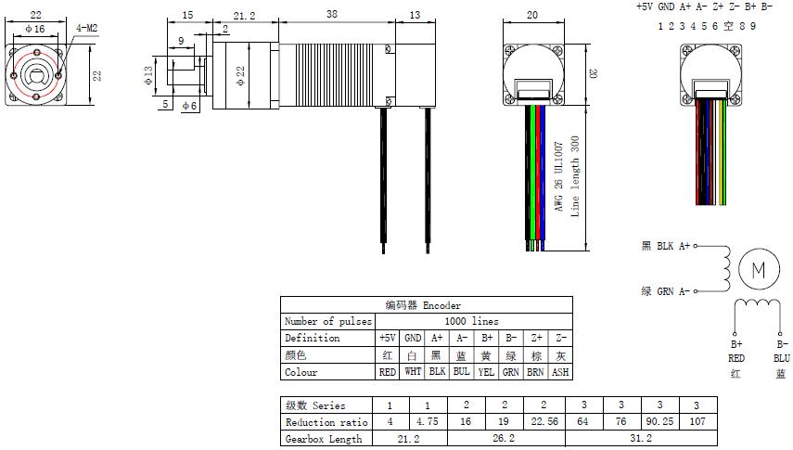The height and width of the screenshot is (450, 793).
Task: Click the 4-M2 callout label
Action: [x=86, y=29]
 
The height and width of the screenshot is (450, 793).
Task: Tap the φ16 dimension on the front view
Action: [x=35, y=30]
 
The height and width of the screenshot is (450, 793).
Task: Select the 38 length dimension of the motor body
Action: [x=332, y=14]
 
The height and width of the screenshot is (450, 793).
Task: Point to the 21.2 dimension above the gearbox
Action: [x=244, y=16]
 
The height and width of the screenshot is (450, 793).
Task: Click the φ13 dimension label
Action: [x=148, y=75]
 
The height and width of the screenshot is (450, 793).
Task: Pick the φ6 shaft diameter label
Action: [x=189, y=106]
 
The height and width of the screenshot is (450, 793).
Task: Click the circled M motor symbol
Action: [x=759, y=269]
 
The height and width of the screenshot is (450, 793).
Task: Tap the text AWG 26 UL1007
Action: [x=558, y=176]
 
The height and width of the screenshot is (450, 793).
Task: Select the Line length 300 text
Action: [x=575, y=176]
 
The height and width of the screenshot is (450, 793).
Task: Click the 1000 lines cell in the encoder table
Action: [x=471, y=321]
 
